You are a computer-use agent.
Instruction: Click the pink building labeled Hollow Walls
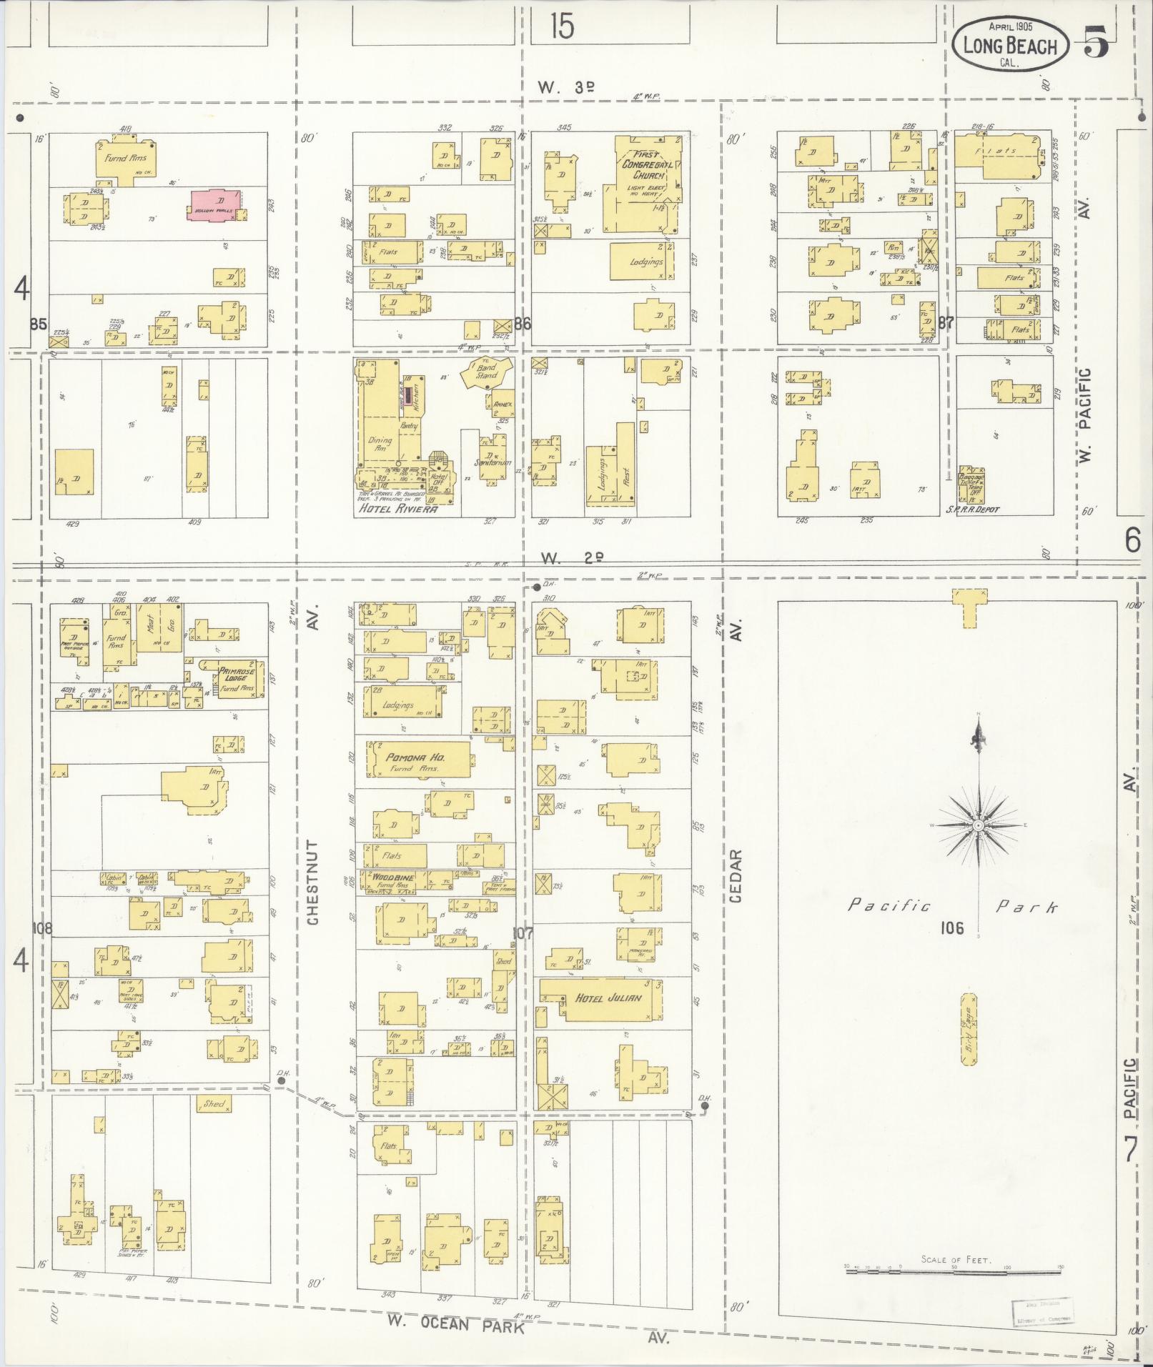coord(215,205)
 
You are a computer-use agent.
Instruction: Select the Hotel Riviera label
coord(397,509)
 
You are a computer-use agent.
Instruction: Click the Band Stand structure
coord(488,372)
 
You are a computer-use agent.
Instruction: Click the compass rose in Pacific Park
coord(978,825)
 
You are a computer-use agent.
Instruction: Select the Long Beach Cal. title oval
coord(1010,46)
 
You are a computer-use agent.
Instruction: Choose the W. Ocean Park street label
coord(455,1324)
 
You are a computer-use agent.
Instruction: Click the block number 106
coord(952,928)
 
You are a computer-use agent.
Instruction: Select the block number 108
coord(42,929)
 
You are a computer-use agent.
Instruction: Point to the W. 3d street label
coord(566,87)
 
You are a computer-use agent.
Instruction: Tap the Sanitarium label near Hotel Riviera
coord(494,462)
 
